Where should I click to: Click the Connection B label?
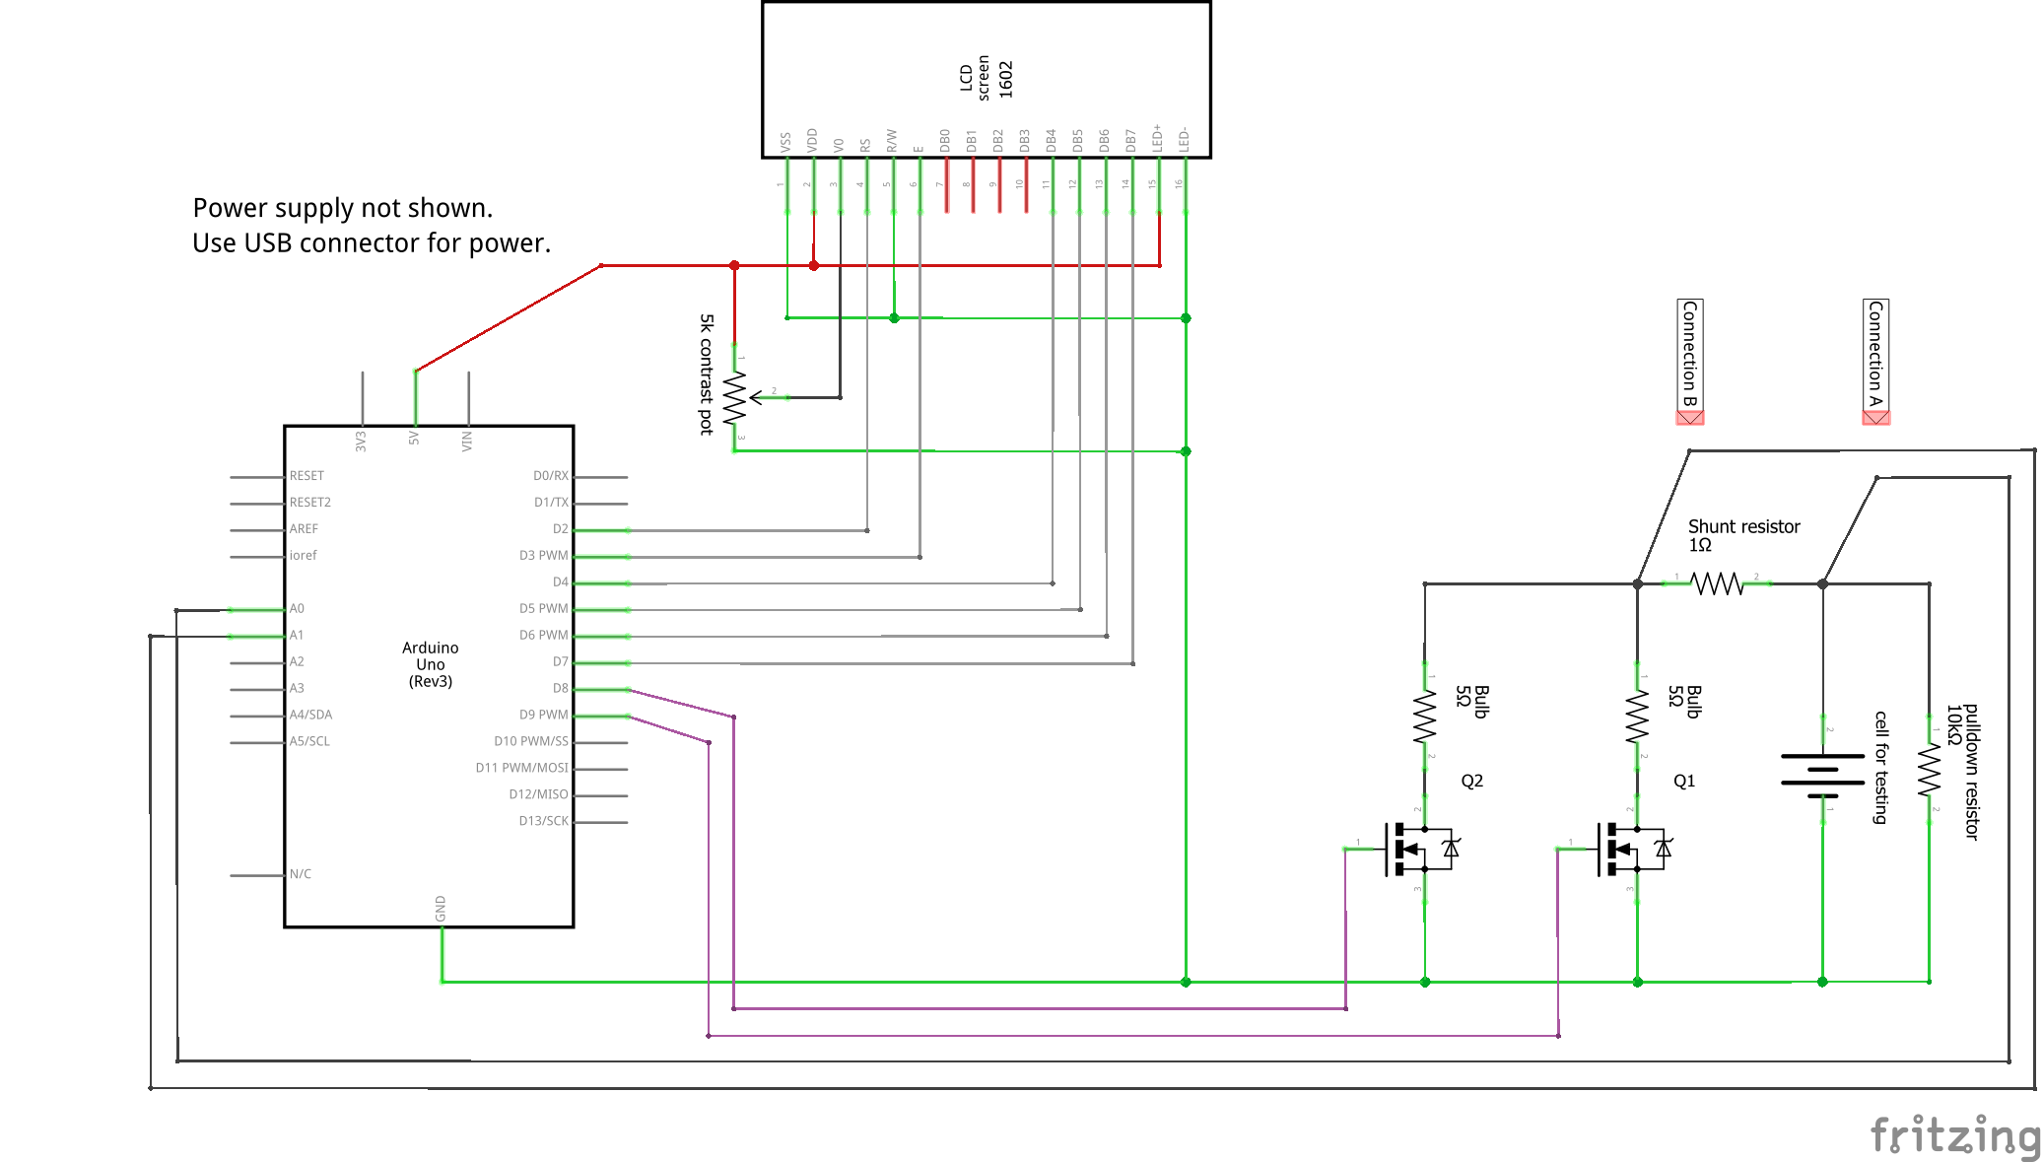(x=1689, y=355)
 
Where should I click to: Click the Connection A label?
(x=1875, y=355)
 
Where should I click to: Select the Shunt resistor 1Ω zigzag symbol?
(x=1718, y=583)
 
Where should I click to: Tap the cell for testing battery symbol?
(x=1822, y=770)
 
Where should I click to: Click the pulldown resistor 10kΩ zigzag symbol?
(x=1929, y=770)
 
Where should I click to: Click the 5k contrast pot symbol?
(x=735, y=398)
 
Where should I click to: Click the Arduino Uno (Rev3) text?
(x=430, y=664)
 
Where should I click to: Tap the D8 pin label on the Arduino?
(x=560, y=689)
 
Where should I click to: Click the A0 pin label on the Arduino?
(x=297, y=609)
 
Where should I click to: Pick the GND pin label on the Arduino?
(x=441, y=909)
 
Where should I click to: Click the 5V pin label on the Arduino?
(x=414, y=439)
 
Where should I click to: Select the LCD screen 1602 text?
(x=986, y=78)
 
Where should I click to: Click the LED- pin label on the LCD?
(x=1185, y=139)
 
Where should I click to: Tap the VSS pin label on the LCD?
(x=785, y=142)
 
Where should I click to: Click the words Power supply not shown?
(x=342, y=208)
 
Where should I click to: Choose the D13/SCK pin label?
(x=543, y=821)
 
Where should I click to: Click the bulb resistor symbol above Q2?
(x=1424, y=717)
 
